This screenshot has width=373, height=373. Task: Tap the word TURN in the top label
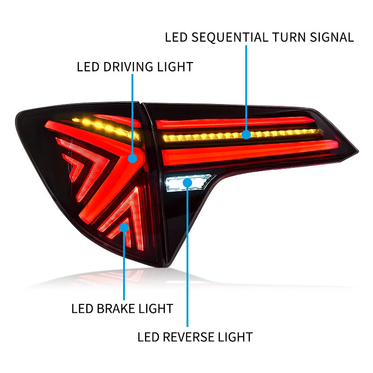tap(287, 37)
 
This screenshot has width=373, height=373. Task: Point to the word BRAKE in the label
tap(117, 309)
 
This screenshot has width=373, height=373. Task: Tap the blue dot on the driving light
tap(133, 159)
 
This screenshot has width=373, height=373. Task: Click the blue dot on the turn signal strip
tap(246, 135)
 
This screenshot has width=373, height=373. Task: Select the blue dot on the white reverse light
tap(187, 182)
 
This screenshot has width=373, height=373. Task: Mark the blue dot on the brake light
tap(124, 227)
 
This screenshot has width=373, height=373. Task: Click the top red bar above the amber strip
tap(233, 123)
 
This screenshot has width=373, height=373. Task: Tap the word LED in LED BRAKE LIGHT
tap(82, 309)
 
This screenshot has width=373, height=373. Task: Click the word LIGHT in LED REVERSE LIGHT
tap(235, 337)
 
